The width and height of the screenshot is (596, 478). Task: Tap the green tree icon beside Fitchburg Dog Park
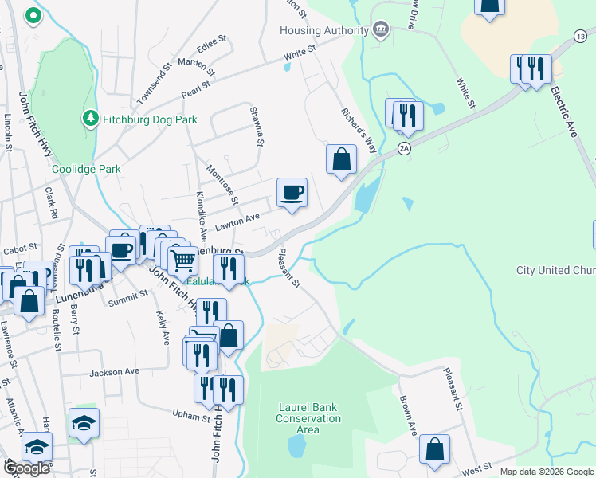(x=91, y=119)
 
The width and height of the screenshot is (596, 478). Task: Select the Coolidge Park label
(x=86, y=169)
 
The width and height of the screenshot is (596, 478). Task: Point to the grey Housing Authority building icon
(x=381, y=30)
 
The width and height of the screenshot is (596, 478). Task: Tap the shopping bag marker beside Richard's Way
(x=341, y=159)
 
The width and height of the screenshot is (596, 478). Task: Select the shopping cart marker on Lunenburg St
(x=183, y=259)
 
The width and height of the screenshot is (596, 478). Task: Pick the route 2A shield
(x=405, y=149)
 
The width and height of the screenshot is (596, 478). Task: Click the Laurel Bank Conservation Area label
(x=308, y=418)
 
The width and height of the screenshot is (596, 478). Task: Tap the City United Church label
(x=555, y=271)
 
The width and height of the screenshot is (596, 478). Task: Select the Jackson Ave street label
(x=115, y=371)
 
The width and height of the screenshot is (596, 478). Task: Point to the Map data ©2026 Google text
(x=547, y=472)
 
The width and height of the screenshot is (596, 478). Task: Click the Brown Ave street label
(x=407, y=409)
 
